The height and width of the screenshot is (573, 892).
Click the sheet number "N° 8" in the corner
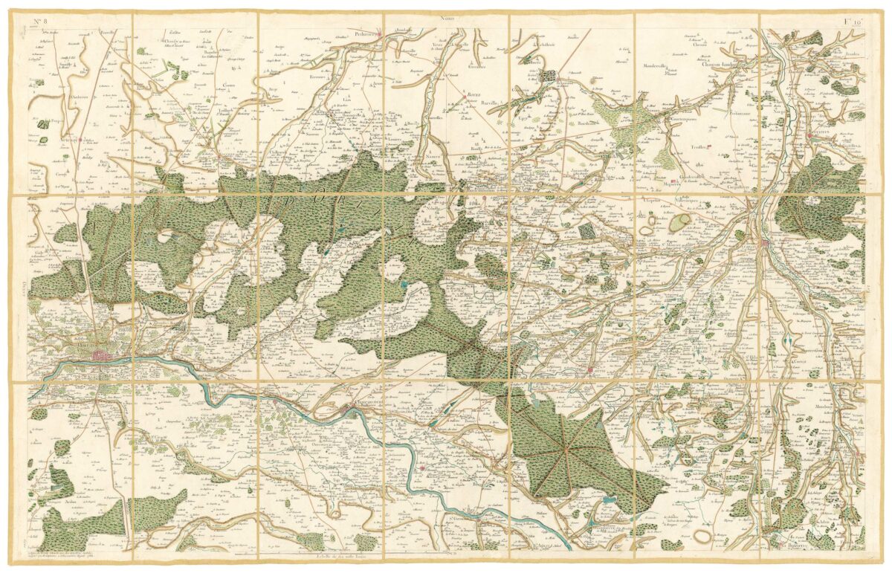click(x=36, y=19)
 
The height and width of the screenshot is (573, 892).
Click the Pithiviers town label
click(x=366, y=33)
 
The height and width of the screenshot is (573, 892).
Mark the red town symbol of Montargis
click(x=766, y=242)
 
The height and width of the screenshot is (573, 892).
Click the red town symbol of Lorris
click(x=589, y=369)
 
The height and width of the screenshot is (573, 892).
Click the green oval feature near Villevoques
click(x=679, y=221)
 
